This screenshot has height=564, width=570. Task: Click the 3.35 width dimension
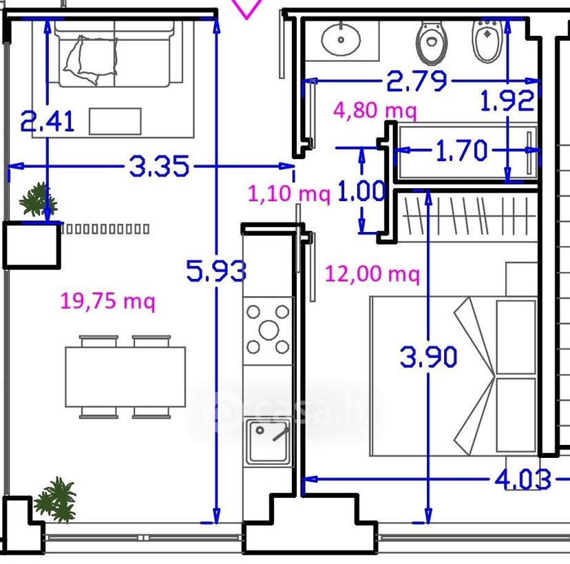point(159,166)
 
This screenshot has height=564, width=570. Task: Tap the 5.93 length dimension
point(216,271)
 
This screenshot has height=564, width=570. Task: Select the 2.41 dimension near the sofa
point(47,121)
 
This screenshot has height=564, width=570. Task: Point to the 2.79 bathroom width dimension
point(416,81)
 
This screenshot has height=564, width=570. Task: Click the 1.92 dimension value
point(507,101)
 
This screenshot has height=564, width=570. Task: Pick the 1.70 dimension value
point(461,150)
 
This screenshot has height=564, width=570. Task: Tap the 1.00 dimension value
point(361,190)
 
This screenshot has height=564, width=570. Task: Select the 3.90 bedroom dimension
point(428,356)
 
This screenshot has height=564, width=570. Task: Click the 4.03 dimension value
point(522,479)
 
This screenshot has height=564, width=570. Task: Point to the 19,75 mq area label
point(107,301)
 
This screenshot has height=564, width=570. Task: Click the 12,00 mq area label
point(372,273)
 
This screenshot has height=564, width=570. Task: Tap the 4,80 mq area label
point(374,109)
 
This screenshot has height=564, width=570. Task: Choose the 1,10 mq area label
point(289,193)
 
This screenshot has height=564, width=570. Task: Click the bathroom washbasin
point(341,39)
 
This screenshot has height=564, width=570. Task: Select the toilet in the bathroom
point(431,42)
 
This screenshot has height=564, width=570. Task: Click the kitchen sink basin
point(268,442)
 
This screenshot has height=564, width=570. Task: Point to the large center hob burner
point(268,330)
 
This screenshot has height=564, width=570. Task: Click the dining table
point(125,377)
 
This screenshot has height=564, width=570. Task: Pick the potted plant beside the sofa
point(38,199)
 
